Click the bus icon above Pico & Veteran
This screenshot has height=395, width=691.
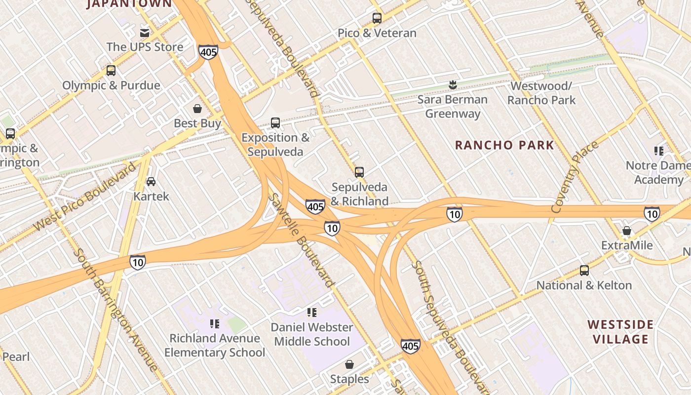pos(377,18)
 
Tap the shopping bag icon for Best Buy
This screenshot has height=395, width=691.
pos(197,109)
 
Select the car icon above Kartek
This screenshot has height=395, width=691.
pos(151,181)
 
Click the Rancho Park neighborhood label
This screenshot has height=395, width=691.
pos(504,145)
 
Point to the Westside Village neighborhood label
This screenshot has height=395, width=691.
pos(620,332)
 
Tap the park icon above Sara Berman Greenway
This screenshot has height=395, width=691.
pos(452,85)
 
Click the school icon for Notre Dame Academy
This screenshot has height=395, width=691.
pos(658,151)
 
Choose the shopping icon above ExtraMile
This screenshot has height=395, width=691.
pos(626,231)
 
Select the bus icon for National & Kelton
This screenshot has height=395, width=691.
pos(584,271)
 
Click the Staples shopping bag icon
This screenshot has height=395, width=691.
pos(349,364)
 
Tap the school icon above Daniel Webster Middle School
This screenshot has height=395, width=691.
pos(312,312)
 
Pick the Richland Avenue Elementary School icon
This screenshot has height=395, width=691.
pos(214,323)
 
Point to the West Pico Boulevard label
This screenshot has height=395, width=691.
pos(84,196)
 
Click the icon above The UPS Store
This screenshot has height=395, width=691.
pos(145,33)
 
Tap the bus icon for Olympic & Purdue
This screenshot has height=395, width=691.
pos(111,71)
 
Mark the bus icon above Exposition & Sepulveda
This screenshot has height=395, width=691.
pos(275,123)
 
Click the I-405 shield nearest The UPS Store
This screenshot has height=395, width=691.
pos(208,51)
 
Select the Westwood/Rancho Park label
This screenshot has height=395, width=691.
pos(541,93)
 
